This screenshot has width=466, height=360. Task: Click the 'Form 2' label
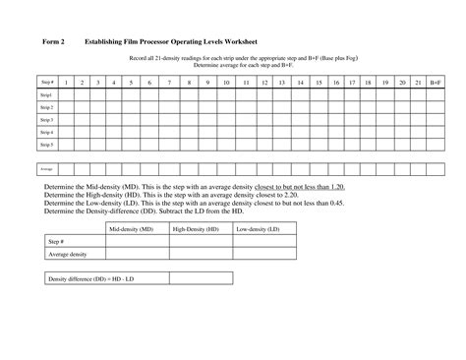[x=51, y=42]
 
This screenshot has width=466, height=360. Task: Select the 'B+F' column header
[x=436, y=82]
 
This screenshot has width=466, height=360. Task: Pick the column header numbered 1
[x=67, y=82]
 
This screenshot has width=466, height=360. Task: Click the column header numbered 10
[x=225, y=82]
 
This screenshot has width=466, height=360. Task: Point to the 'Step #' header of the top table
[x=46, y=82]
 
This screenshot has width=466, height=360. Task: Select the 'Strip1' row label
[x=46, y=94]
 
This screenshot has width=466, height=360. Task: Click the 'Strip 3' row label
[x=46, y=119]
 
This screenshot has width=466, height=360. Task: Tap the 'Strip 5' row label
[x=46, y=144]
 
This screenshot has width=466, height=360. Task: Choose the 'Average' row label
[x=46, y=168]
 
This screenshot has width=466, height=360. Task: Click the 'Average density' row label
[x=69, y=254]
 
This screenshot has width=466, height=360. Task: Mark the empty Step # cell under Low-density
[x=259, y=241]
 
